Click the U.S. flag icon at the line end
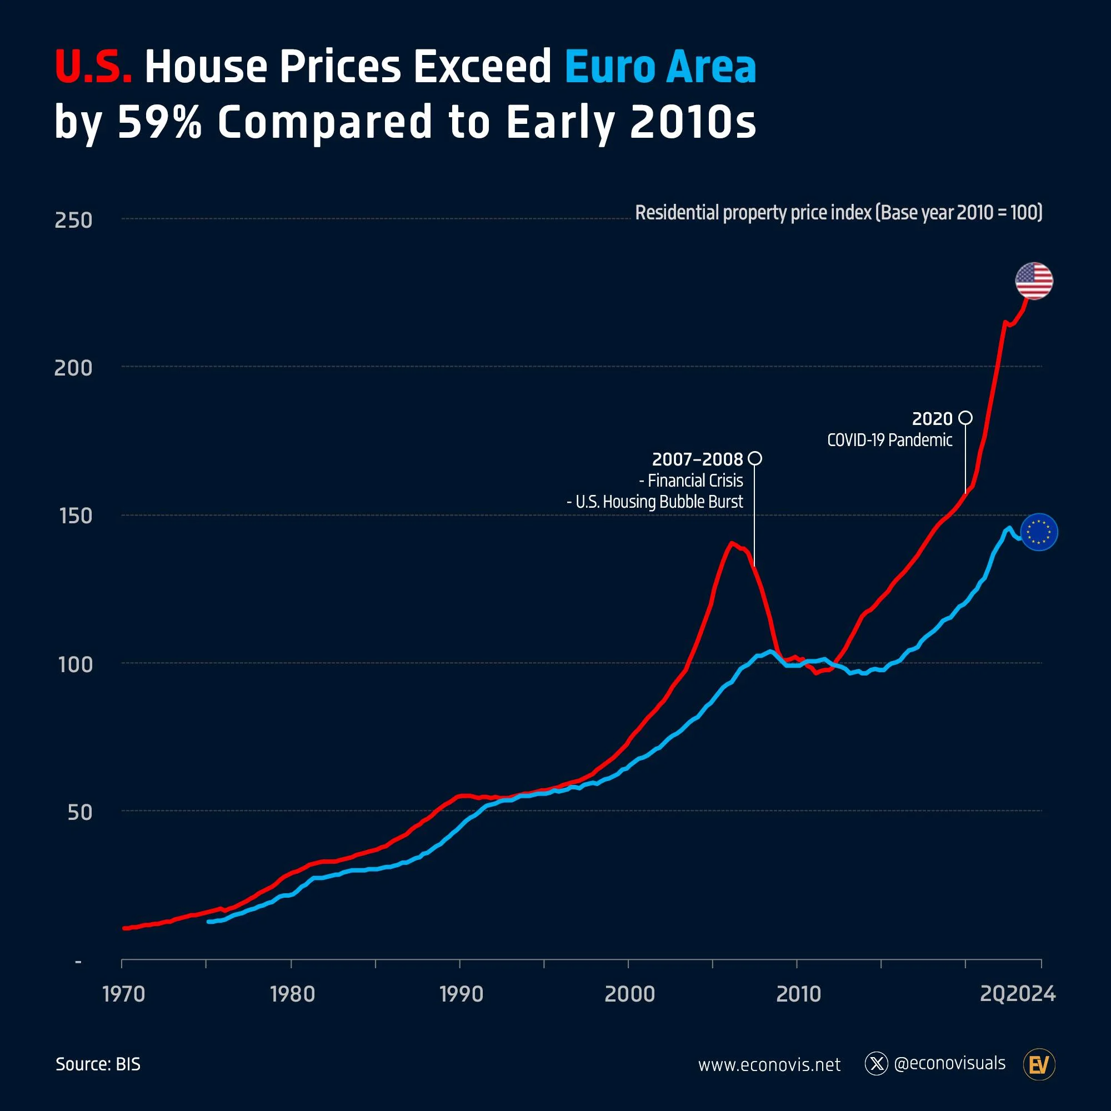(x=1034, y=281)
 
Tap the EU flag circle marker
(x=1039, y=532)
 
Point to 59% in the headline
(x=159, y=122)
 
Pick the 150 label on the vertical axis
(x=76, y=516)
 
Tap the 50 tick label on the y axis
(x=80, y=812)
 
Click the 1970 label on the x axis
(x=123, y=994)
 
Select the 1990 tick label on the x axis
(x=461, y=994)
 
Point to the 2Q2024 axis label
(x=1017, y=994)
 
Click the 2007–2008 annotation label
(x=697, y=459)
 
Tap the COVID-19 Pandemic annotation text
(x=889, y=440)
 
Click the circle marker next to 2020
(x=966, y=418)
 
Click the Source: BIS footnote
(x=98, y=1064)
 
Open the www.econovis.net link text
(x=769, y=1064)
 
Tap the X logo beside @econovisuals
(x=877, y=1064)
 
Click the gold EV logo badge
(x=1039, y=1064)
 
